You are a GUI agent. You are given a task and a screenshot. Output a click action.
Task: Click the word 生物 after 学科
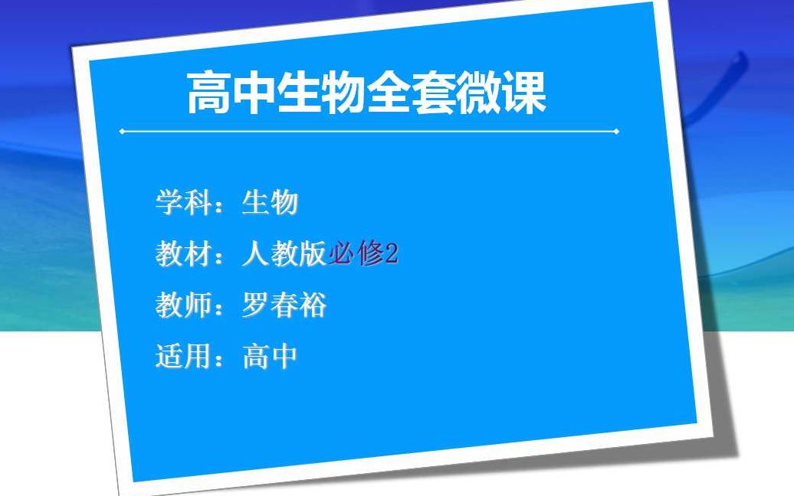270,203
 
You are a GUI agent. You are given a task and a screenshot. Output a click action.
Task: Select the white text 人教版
284,254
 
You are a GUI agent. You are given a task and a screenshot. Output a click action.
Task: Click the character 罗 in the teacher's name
255,305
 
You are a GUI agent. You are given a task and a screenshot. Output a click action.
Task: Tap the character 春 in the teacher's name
284,305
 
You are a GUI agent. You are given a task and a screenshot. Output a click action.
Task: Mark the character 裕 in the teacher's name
313,305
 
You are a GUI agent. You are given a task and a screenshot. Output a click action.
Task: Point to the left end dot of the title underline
122,132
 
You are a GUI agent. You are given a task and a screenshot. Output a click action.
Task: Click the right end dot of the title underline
616,132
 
